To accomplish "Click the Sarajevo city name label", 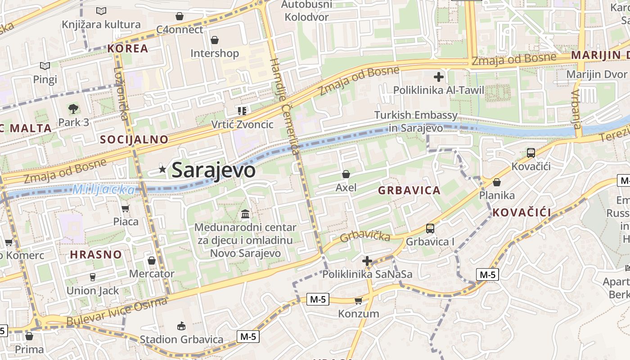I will [x=214, y=170].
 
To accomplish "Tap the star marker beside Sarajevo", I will [x=162, y=169].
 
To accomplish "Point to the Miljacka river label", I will [x=104, y=189].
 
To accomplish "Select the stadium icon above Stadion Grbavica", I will [x=181, y=326].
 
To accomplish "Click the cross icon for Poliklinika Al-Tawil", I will [x=438, y=77].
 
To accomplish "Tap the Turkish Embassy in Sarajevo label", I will [x=416, y=121].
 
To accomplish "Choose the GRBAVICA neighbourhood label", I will [x=409, y=190].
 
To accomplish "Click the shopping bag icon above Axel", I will [x=346, y=174].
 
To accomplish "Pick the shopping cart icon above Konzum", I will [x=358, y=301].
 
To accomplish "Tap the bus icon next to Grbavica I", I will [x=430, y=229].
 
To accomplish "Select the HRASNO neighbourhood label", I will [x=96, y=254].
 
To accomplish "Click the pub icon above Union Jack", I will [x=93, y=277].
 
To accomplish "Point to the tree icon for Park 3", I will [x=73, y=108].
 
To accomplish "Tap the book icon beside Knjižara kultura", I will [x=101, y=11].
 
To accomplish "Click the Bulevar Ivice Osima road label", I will [x=117, y=312].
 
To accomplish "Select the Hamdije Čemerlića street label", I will [x=284, y=106].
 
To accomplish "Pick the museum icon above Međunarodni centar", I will [x=245, y=214].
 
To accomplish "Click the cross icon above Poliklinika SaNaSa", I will [x=367, y=261].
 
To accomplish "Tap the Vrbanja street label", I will [x=576, y=109].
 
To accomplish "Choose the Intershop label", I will [x=215, y=54].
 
